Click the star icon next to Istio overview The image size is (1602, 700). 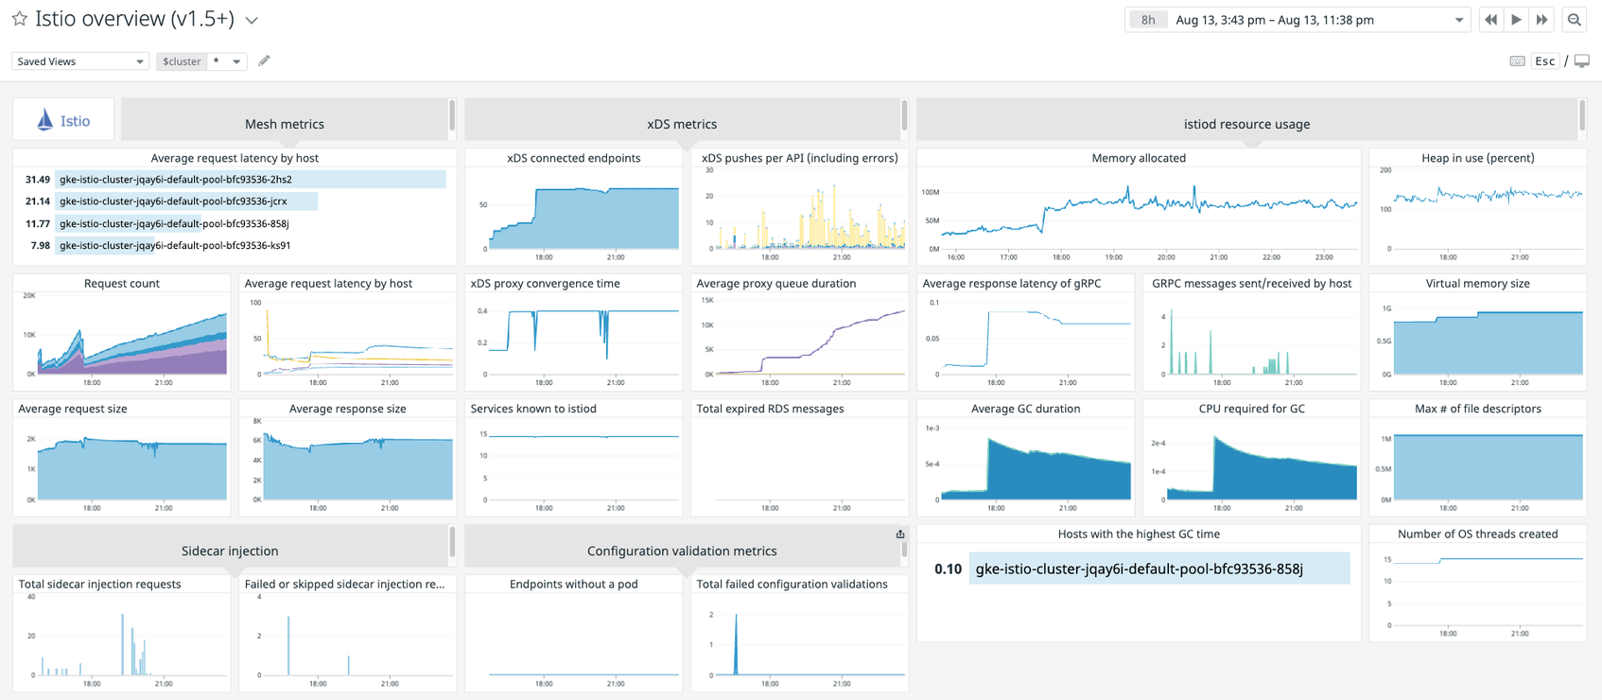click(x=19, y=19)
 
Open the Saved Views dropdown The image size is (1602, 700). click(x=79, y=61)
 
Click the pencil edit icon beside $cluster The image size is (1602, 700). click(x=264, y=61)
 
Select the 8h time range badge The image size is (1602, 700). click(x=1147, y=20)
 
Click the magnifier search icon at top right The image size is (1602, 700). click(x=1574, y=20)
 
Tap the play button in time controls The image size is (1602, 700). click(x=1516, y=20)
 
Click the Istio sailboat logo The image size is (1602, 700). click(x=45, y=120)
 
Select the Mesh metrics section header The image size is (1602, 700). click(x=284, y=124)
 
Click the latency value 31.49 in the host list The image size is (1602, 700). click(x=37, y=180)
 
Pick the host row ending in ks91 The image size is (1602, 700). click(x=175, y=246)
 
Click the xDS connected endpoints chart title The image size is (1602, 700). click(x=573, y=158)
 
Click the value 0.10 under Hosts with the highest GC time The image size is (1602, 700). click(x=948, y=569)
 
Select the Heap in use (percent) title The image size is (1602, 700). click(x=1477, y=158)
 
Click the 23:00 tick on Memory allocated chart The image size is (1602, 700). click(x=1323, y=257)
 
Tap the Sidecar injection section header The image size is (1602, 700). click(x=230, y=551)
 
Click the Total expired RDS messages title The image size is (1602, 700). click(x=770, y=409)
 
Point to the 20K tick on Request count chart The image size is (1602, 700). click(x=29, y=296)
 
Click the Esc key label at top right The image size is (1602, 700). click(x=1544, y=61)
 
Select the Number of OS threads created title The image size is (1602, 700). click(x=1477, y=534)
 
